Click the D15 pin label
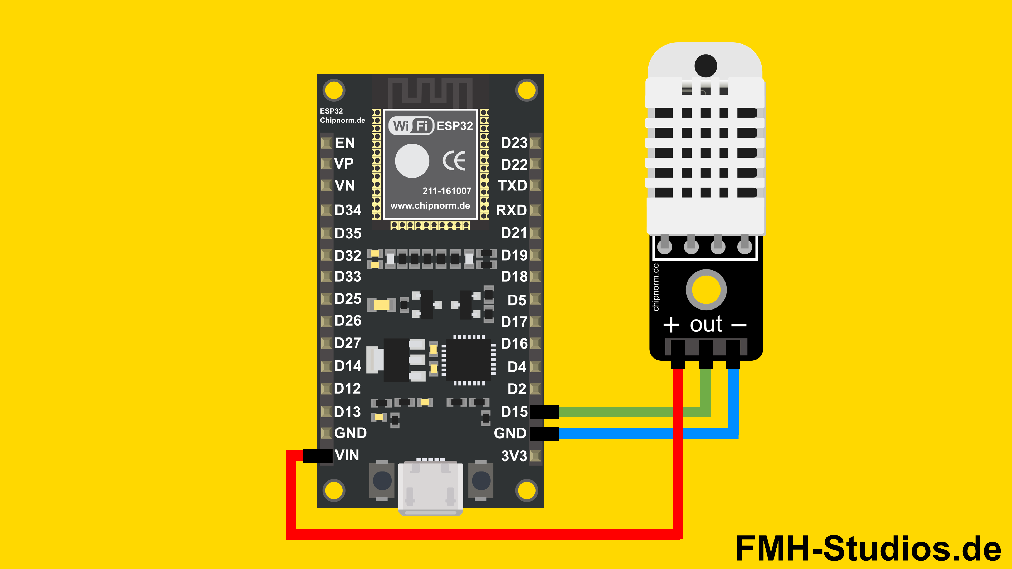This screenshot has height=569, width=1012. coord(514,411)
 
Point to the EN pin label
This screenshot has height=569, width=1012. coord(344,143)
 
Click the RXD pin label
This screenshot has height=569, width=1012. coord(511,210)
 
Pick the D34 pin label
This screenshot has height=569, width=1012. coord(348,210)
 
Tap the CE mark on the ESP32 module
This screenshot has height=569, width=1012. coord(454,161)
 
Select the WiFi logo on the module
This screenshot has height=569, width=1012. coord(411,126)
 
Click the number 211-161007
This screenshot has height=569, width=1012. coord(447,191)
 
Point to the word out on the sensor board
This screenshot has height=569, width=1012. coord(706,324)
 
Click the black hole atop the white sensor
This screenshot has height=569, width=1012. coord(706,66)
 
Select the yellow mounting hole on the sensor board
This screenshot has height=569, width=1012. coord(706,290)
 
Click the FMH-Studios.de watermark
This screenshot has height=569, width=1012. coord(868,548)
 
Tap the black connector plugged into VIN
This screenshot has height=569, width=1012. coord(317,455)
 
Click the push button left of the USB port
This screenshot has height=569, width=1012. coord(382,481)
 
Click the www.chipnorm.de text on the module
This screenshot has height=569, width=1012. coord(430,205)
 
